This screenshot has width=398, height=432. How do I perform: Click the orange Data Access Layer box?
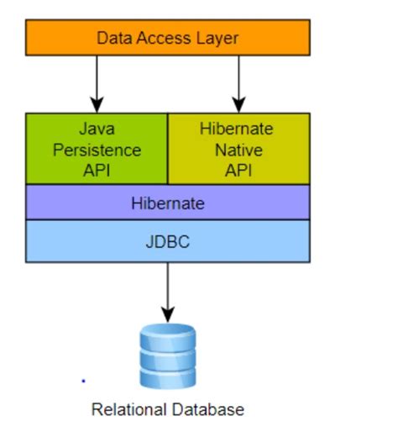pos(167,38)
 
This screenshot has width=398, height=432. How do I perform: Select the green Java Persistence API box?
pos(97,149)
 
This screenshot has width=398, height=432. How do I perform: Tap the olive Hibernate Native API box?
pos(238,149)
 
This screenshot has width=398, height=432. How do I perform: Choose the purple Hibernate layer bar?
pos(167,203)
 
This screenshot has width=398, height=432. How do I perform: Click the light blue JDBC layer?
pos(167,240)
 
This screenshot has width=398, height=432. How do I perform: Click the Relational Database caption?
pos(167,410)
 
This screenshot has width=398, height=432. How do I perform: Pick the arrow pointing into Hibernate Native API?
pos(238,84)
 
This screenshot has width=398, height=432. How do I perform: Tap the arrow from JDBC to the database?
pos(167,291)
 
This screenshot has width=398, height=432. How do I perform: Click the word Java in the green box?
pos(97,129)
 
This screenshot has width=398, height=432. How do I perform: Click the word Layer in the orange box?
pos(218,38)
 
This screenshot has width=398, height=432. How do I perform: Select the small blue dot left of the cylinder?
pos(82,380)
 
